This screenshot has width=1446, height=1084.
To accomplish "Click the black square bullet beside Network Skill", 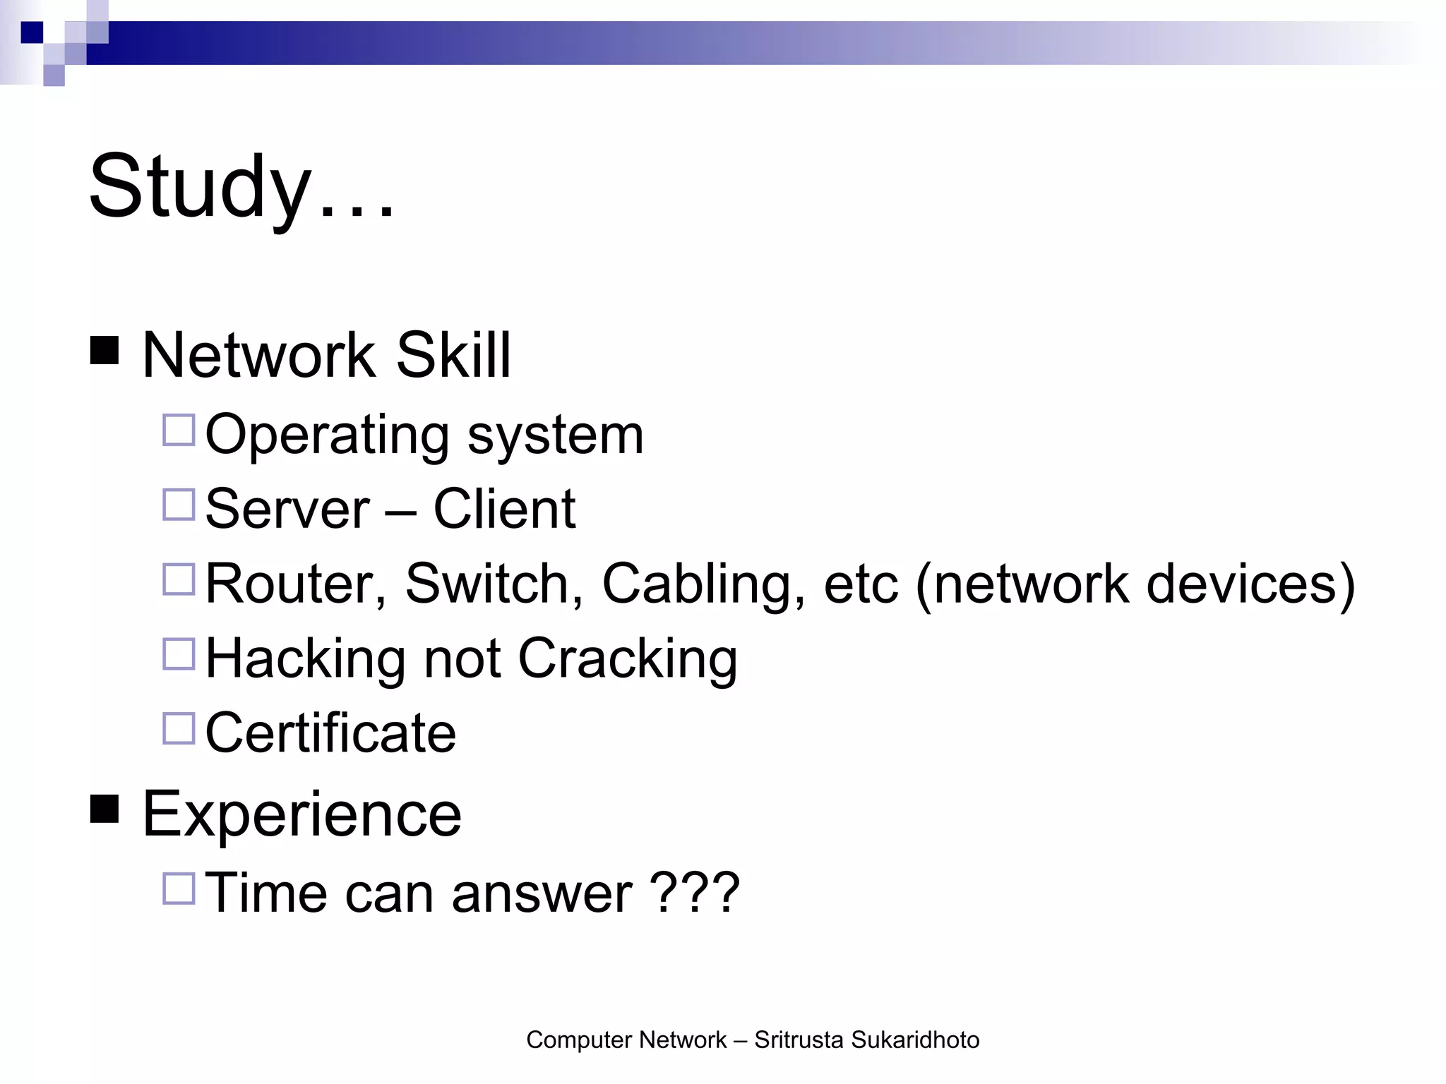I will (104, 350).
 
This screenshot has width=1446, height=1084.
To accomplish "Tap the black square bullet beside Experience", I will (104, 809).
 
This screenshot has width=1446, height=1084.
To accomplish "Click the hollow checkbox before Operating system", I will (179, 430).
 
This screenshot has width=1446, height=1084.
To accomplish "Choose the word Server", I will (287, 509).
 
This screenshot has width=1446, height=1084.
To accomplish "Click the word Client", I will (504, 509).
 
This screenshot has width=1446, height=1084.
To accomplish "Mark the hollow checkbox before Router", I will (179, 579).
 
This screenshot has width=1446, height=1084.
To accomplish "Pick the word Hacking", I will (305, 659).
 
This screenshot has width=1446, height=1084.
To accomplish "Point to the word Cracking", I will (628, 659).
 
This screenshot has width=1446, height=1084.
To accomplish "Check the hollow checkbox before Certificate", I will (179, 728).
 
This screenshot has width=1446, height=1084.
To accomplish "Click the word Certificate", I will (330, 733).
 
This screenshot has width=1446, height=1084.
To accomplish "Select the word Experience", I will (302, 815).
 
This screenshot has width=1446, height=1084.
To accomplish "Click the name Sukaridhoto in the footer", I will (915, 1040).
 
